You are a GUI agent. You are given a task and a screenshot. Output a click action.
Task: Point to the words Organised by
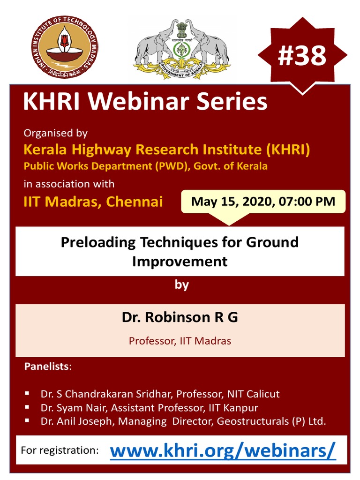pyautogui.click(x=56, y=133)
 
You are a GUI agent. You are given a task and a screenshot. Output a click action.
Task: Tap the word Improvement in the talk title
pyautogui.click(x=180, y=261)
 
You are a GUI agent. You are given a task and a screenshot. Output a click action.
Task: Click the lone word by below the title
pyautogui.click(x=182, y=285)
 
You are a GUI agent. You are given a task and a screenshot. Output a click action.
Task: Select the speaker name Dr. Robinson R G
pyautogui.click(x=180, y=317)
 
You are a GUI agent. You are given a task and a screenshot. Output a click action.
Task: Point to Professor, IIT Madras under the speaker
pyautogui.click(x=180, y=341)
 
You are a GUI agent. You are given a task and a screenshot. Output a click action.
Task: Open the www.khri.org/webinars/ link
pyautogui.click(x=223, y=451)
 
